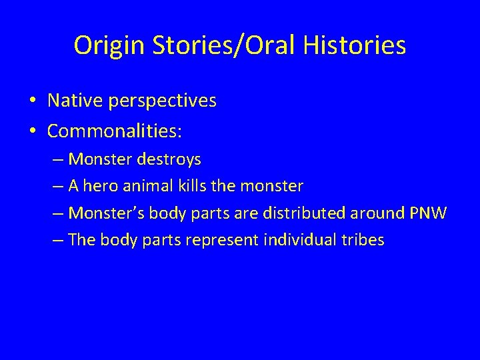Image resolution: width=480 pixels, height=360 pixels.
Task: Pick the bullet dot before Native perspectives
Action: pyautogui.click(x=33, y=101)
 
